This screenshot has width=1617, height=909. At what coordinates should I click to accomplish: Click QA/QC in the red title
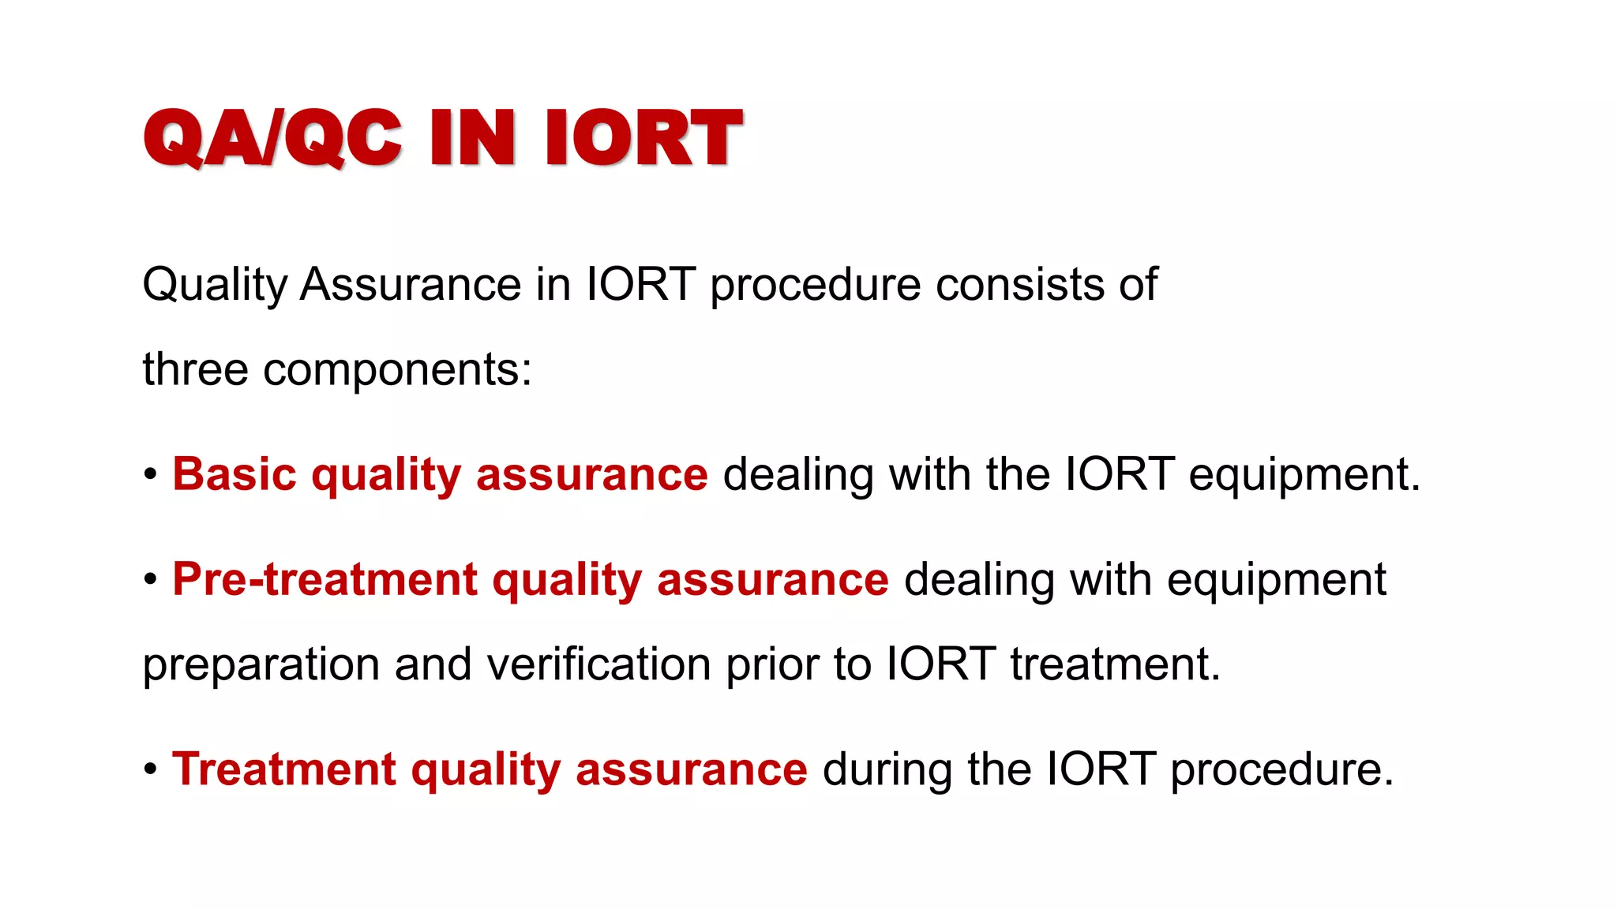pos(272,138)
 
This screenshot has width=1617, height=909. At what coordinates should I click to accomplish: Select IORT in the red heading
pos(643,138)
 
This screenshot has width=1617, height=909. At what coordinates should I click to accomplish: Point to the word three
pos(195,369)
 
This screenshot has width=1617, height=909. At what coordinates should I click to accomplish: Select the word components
pos(397,371)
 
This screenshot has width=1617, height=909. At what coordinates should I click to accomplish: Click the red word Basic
pos(234,474)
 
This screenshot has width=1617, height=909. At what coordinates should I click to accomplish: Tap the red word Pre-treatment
pos(325,579)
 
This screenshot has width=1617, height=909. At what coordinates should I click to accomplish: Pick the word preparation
pos(261,665)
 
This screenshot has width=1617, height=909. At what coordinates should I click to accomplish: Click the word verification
pos(598,664)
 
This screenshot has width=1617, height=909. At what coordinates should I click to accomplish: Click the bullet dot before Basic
pos(151,475)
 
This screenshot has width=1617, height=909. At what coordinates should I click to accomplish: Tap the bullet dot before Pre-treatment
pos(151,580)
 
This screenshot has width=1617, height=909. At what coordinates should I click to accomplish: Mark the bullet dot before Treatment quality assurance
pos(151,769)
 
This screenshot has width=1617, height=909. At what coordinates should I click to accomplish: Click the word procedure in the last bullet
pos(1281,770)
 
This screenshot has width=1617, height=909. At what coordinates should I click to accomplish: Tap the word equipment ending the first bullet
pos(1304,476)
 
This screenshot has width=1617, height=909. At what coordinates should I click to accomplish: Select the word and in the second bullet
pos(433,664)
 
